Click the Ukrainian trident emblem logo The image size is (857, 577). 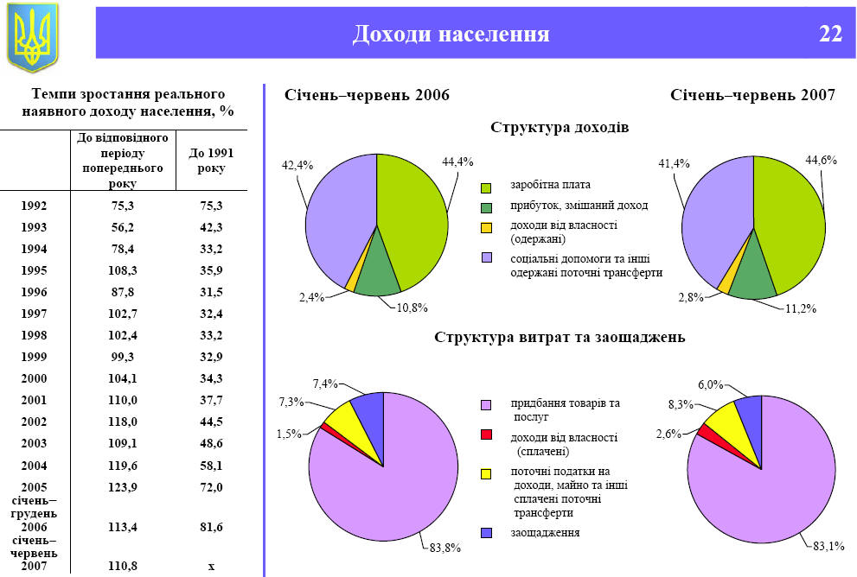[32, 35]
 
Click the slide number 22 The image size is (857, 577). [830, 35]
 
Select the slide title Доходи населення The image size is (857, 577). [451, 35]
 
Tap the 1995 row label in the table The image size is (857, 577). [33, 270]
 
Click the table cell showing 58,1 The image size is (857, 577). [210, 465]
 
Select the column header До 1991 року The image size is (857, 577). [210, 161]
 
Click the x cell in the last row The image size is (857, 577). [210, 566]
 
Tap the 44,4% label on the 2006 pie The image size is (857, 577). [457, 162]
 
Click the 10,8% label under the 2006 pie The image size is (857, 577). [413, 308]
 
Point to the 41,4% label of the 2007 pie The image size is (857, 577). [675, 163]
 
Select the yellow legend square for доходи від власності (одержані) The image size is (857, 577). [486, 228]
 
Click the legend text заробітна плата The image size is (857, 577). [551, 185]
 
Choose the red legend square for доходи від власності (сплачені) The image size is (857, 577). [486, 434]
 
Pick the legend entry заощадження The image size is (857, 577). [545, 532]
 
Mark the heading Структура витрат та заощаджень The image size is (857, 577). [560, 337]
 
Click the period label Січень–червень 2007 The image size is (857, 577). [752, 95]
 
